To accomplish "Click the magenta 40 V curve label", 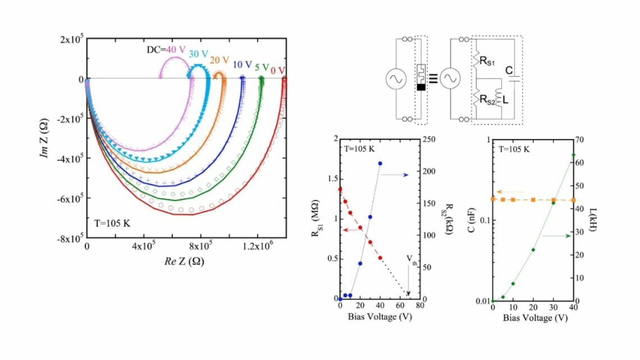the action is [x=176, y=50].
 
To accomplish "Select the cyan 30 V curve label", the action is [x=198, y=54].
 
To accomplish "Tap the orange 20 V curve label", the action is [x=220, y=61].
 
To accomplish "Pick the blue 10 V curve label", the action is [x=243, y=65].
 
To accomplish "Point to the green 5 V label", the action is [x=262, y=67].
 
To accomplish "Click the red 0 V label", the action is [x=278, y=70].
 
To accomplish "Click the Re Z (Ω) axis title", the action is [x=184, y=261].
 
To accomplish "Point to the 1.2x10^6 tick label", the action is [x=257, y=246].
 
